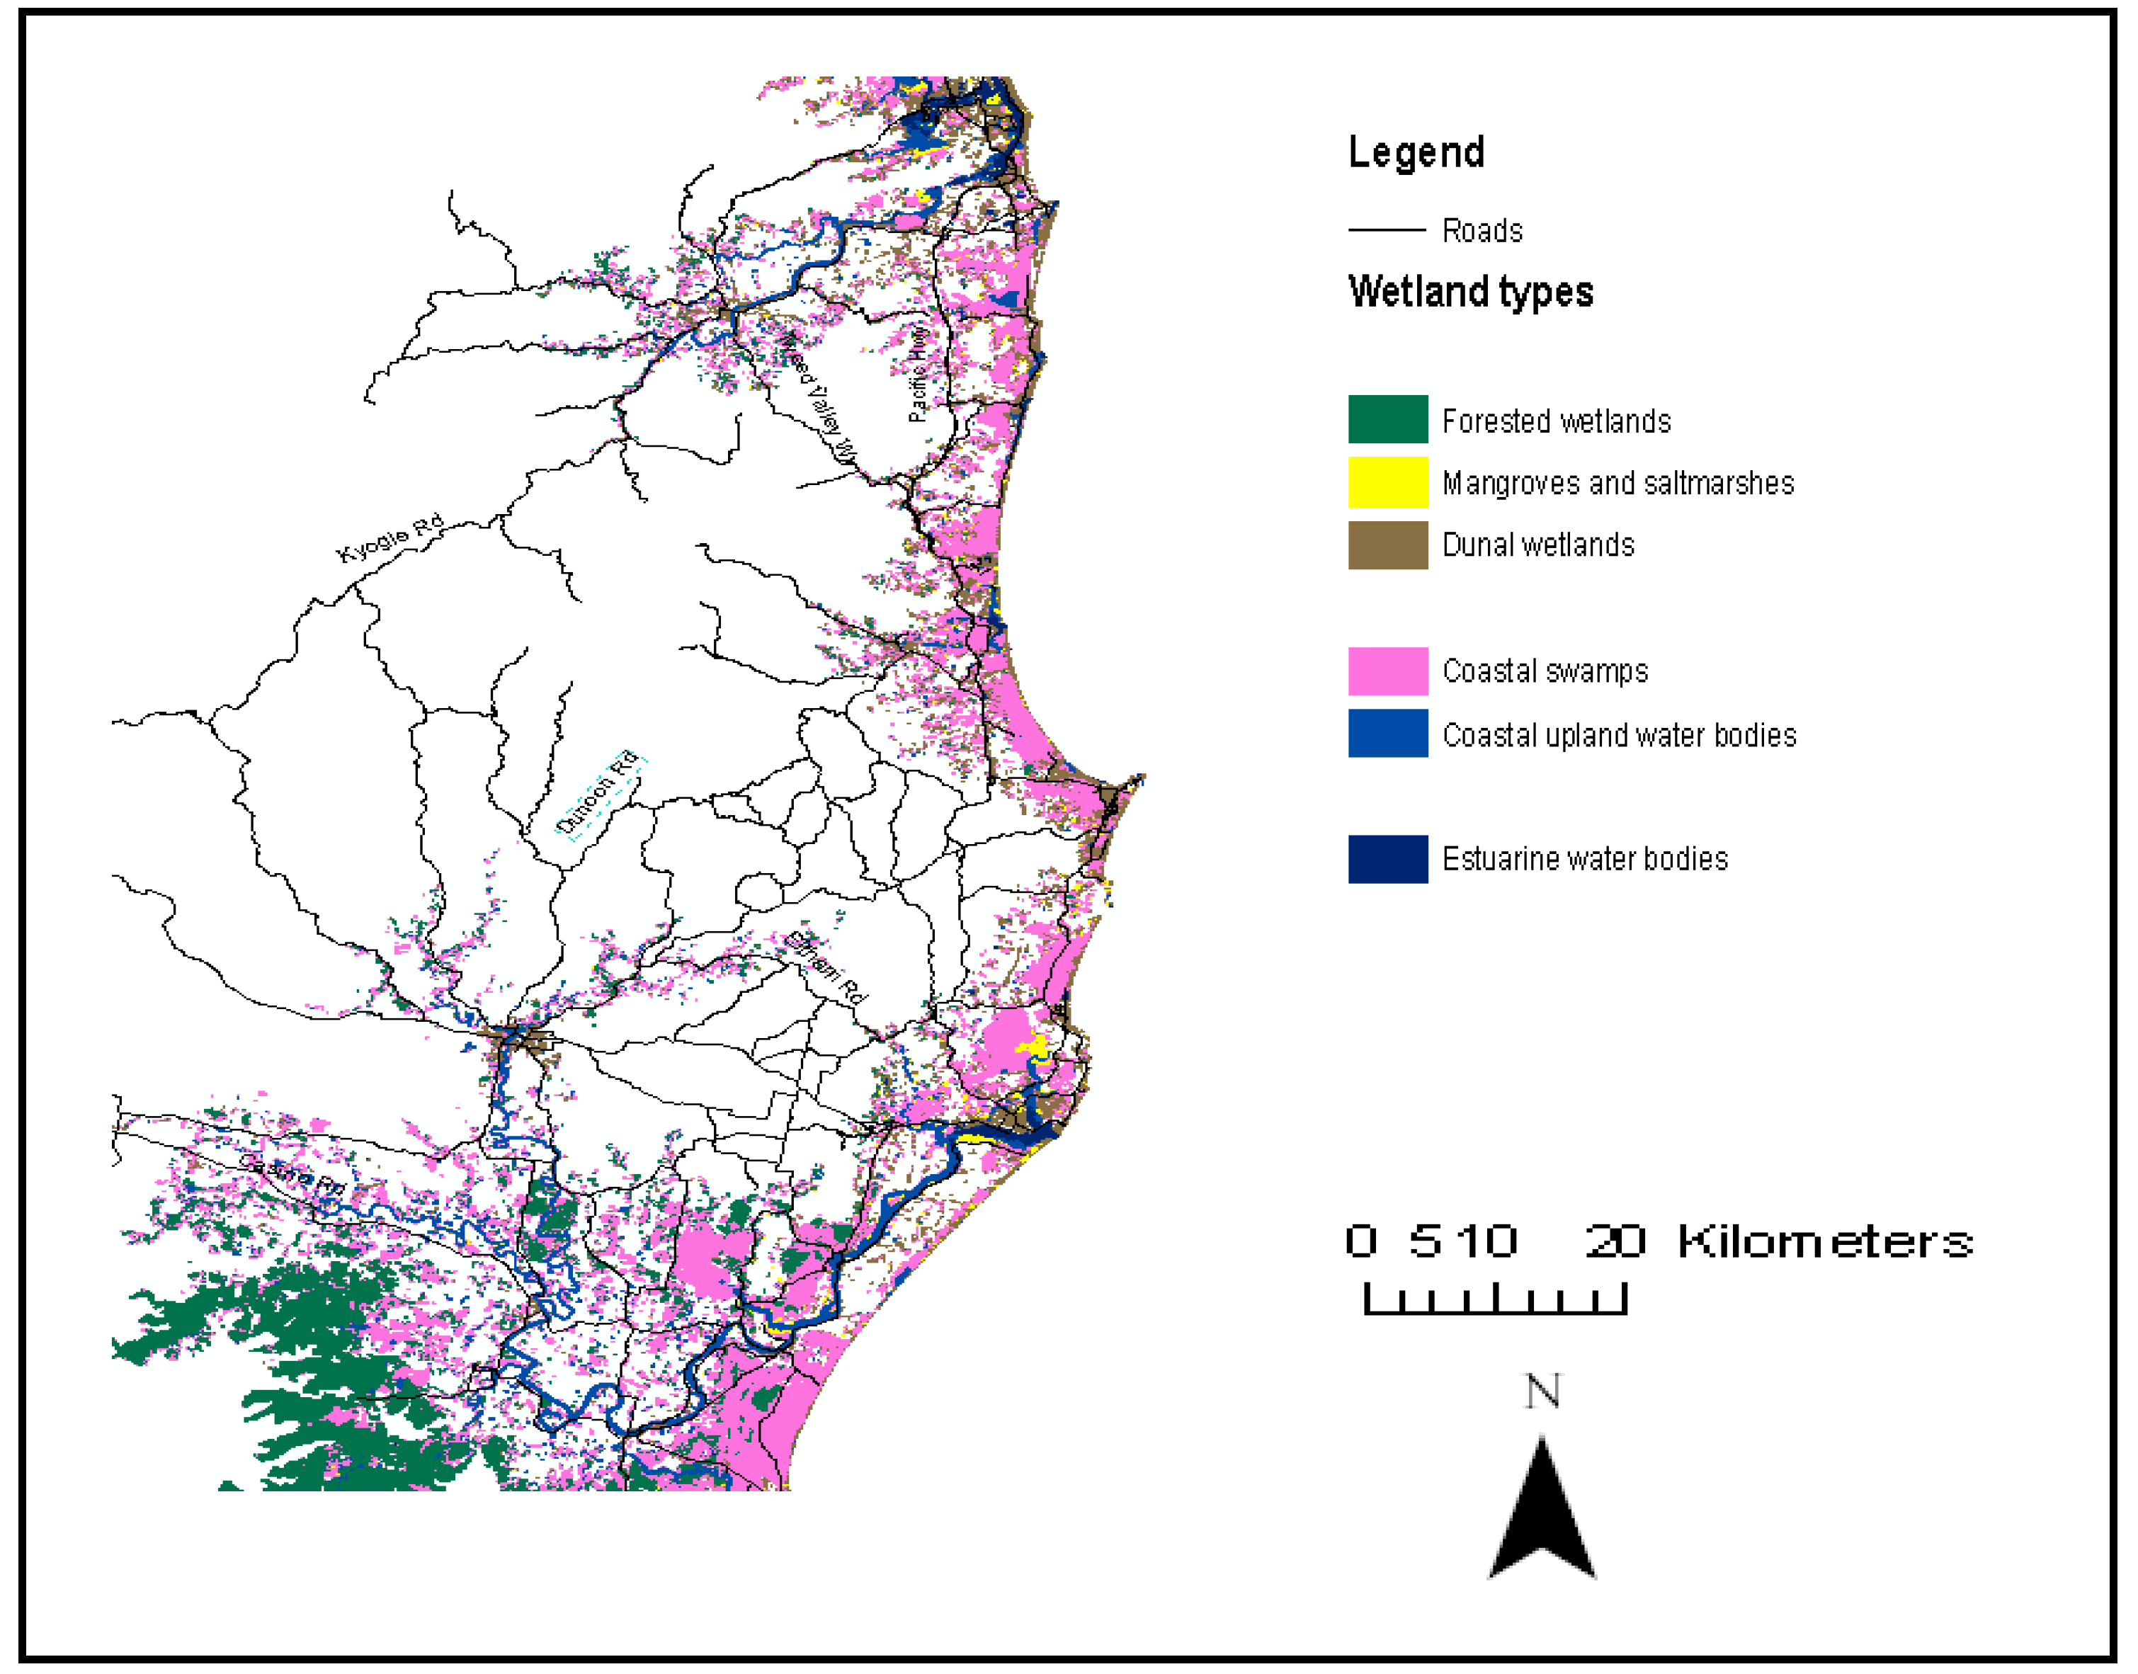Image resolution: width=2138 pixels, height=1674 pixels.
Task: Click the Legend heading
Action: point(1416,153)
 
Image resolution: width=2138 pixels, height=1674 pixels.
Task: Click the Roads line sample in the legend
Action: point(1386,230)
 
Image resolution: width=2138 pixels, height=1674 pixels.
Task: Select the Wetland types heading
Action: point(1469,292)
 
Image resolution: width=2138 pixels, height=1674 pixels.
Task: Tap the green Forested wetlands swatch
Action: point(1387,419)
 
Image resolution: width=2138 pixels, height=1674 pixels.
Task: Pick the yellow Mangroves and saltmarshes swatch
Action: point(1387,482)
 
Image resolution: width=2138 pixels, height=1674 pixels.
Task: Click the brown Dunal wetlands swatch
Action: point(1387,545)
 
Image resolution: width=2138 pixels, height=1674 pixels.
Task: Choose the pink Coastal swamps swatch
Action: point(1387,671)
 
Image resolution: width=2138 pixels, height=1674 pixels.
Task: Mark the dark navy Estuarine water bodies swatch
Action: point(1387,858)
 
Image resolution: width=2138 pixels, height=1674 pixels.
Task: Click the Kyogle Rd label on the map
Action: point(389,539)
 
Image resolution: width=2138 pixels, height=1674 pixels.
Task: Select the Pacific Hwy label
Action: point(918,373)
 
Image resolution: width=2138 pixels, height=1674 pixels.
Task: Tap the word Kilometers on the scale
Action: point(1824,1242)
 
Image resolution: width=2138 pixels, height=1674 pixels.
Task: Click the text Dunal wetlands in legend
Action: point(1537,545)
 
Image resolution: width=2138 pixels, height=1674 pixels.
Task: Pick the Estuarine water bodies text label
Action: point(1584,858)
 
